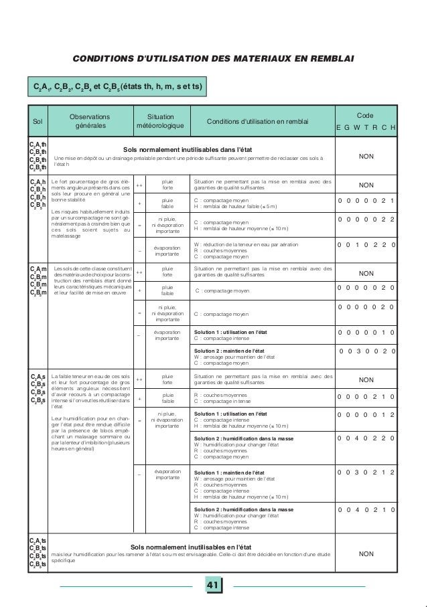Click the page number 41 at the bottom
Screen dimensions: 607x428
tap(213, 587)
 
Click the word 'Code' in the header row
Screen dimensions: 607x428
tap(366, 115)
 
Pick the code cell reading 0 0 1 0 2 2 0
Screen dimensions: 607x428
tap(366, 246)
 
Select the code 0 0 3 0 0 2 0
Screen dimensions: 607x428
tap(367, 349)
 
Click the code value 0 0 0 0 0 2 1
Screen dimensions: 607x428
tap(366, 199)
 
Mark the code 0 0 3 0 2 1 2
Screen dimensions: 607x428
tap(366, 472)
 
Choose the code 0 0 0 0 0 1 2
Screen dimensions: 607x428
tap(366, 415)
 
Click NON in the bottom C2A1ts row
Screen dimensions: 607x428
tap(366, 554)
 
